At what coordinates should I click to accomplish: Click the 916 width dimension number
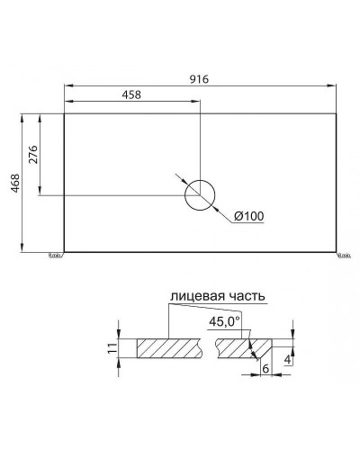click(199, 78)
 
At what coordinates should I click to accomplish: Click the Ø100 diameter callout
click(247, 216)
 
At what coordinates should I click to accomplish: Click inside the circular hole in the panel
click(199, 195)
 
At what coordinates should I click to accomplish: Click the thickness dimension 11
click(112, 350)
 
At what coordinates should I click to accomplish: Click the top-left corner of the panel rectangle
click(63, 113)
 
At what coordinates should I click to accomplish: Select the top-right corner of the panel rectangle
click(337, 113)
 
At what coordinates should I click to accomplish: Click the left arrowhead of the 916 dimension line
click(67, 86)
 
